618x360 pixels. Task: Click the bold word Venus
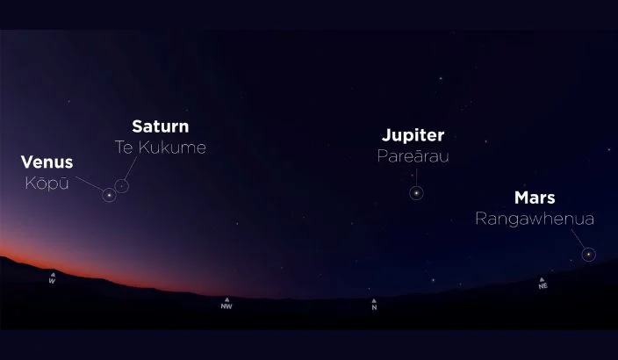[x=47, y=162]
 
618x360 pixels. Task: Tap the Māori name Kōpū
[x=48, y=183]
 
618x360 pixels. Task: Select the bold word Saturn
[x=160, y=126]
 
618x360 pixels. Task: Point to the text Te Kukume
[x=160, y=147]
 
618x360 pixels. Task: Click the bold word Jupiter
[x=413, y=135]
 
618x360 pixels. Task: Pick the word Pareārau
[x=413, y=156]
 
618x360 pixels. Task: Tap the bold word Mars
[x=534, y=198]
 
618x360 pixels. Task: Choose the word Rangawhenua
[x=534, y=219]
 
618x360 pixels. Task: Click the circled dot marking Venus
[x=109, y=195]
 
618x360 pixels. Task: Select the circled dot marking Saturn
[x=122, y=185]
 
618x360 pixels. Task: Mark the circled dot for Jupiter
[x=415, y=192]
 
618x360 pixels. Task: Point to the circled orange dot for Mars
[x=588, y=255]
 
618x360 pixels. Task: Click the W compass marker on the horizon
[x=52, y=278]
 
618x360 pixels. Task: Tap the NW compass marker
[x=226, y=304]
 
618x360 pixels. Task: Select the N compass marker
[x=374, y=305]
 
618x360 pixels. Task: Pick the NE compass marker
[x=543, y=283]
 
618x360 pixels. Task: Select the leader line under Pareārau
[x=414, y=175]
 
